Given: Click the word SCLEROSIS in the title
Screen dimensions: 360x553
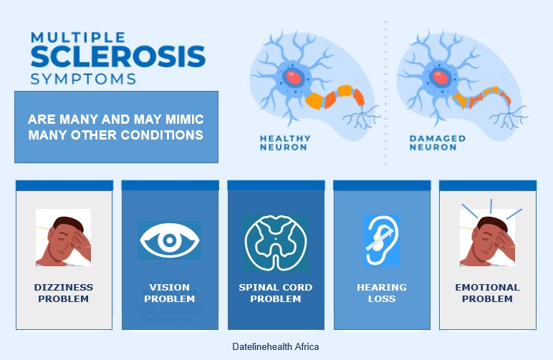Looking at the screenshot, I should [x=117, y=56].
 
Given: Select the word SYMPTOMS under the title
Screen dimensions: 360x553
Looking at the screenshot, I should [x=83, y=77].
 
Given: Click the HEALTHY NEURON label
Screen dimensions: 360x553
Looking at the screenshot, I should [x=285, y=142].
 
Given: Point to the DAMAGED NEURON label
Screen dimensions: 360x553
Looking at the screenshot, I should [x=437, y=142].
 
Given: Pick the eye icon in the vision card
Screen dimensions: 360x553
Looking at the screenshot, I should [x=170, y=240].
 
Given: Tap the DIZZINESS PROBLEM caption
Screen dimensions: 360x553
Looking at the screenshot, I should [x=64, y=293].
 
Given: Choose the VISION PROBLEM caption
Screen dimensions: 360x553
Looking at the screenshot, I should [x=170, y=293].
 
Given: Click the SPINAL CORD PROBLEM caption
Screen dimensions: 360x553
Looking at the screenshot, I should [x=276, y=293].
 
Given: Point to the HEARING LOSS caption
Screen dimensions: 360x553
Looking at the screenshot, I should [x=381, y=293].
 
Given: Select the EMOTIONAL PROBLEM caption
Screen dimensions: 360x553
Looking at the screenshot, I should [x=487, y=293].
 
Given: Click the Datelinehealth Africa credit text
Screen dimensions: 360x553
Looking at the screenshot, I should [x=276, y=346].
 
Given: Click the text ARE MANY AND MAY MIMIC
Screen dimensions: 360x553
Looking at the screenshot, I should [x=115, y=119].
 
